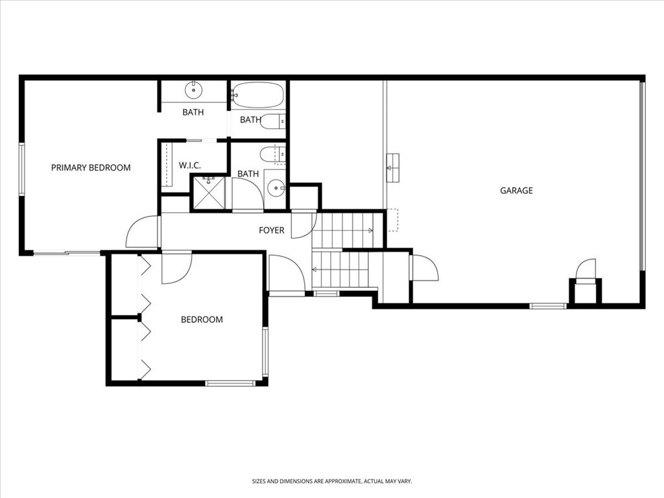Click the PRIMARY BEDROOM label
point(91,168)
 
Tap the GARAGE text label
point(516,191)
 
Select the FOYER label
point(272,230)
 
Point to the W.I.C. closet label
point(189,165)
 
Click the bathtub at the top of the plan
point(257,95)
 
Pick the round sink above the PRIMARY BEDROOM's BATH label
point(193,89)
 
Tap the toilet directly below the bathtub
point(272,122)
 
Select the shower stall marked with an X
point(208,193)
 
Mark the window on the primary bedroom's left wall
point(21,169)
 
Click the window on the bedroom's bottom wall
point(230,383)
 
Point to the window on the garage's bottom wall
point(549,306)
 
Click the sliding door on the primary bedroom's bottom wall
point(67,254)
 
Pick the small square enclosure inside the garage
point(586,291)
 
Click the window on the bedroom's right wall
point(265,352)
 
